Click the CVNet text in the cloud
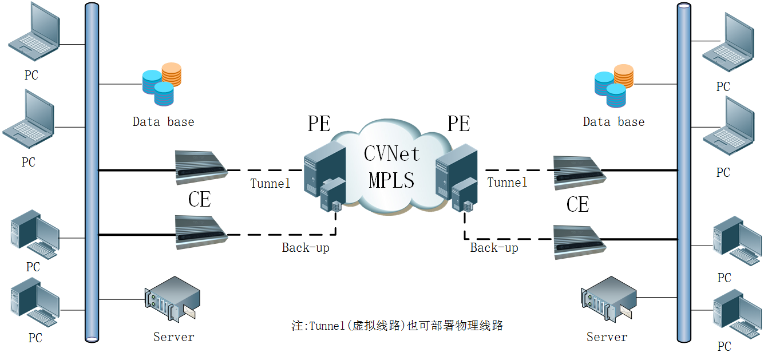point(392,154)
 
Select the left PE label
point(319,124)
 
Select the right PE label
point(458,124)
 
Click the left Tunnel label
point(270,184)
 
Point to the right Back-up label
point(494,248)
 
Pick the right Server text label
point(607,337)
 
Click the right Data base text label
point(613,122)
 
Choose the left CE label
point(199,199)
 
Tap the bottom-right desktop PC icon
point(737,314)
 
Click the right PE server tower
point(455,172)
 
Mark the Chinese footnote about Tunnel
point(397,326)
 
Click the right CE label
point(577,204)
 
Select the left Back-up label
point(305,248)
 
